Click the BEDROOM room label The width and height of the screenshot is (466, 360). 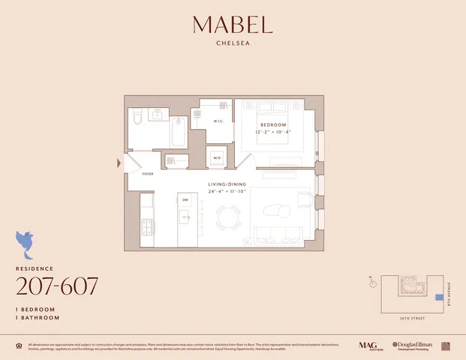point(272,124)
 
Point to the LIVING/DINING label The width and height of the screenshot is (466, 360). point(227,184)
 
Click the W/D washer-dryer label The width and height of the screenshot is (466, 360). point(217,158)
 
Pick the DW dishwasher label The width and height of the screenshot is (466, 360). point(185,200)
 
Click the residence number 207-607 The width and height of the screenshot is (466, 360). point(57,286)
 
